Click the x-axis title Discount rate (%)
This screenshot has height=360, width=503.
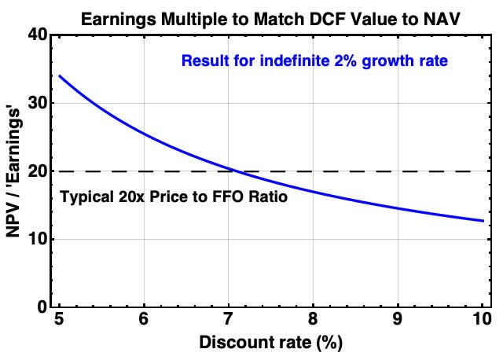[271, 343]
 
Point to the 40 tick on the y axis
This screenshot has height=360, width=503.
[38, 35]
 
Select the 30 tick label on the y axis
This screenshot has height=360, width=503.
[38, 103]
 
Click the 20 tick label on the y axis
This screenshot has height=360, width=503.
[38, 171]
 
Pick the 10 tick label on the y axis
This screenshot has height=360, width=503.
[38, 239]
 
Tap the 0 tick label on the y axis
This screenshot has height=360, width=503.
[42, 307]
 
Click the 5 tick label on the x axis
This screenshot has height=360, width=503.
[59, 321]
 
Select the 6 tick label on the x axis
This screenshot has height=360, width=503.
[144, 321]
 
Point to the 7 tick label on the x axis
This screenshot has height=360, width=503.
[229, 321]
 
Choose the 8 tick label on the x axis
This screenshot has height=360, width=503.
[314, 321]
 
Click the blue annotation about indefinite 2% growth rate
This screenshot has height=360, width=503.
[314, 60]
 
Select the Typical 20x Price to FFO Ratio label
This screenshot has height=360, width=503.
[174, 197]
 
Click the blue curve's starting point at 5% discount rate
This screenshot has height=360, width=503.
[60, 76]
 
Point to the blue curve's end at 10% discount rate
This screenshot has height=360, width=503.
[483, 221]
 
